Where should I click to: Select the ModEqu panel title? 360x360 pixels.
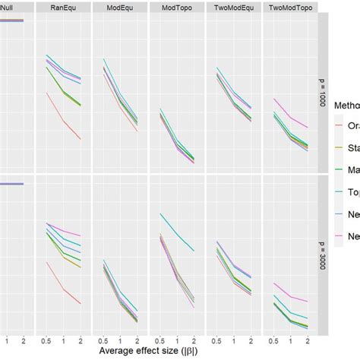coord(120,8)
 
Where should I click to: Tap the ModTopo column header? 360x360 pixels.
coord(177,8)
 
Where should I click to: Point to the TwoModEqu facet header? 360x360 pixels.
coord(233,8)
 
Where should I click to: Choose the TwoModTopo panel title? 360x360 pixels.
coord(289,8)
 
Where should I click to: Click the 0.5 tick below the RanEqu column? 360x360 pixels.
coord(47,339)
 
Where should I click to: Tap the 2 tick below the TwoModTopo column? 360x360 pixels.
coord(308,339)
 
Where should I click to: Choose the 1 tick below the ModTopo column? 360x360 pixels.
coord(177,339)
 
